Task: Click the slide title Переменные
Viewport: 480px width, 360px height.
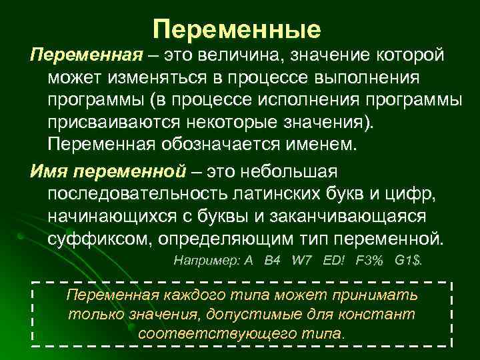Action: [237, 29]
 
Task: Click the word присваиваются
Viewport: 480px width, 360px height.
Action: [111, 123]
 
